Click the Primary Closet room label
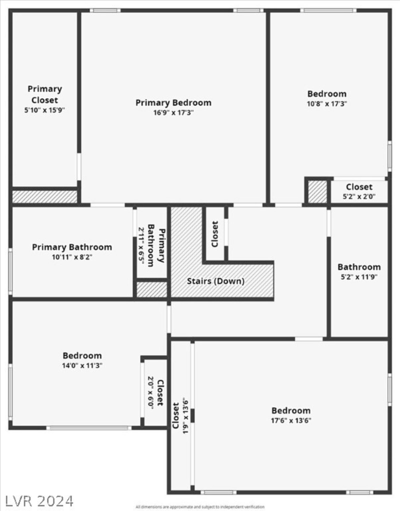tap(45, 94)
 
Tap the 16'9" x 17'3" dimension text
tap(173, 113)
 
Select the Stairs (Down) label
tap(215, 281)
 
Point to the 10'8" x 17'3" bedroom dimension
tap(327, 104)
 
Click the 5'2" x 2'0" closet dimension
tap(359, 197)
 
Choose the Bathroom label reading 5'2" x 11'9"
tap(359, 267)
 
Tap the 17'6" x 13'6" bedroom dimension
tap(291, 420)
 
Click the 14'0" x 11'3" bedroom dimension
tap(82, 366)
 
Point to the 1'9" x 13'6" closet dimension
tap(185, 416)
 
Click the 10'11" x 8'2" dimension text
tap(72, 257)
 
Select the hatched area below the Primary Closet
tap(45, 197)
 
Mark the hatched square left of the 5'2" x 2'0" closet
tap(317, 192)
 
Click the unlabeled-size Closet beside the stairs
tap(215, 234)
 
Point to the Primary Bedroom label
tap(173, 103)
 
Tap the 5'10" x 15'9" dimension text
tap(45, 110)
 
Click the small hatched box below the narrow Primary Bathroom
tap(152, 290)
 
